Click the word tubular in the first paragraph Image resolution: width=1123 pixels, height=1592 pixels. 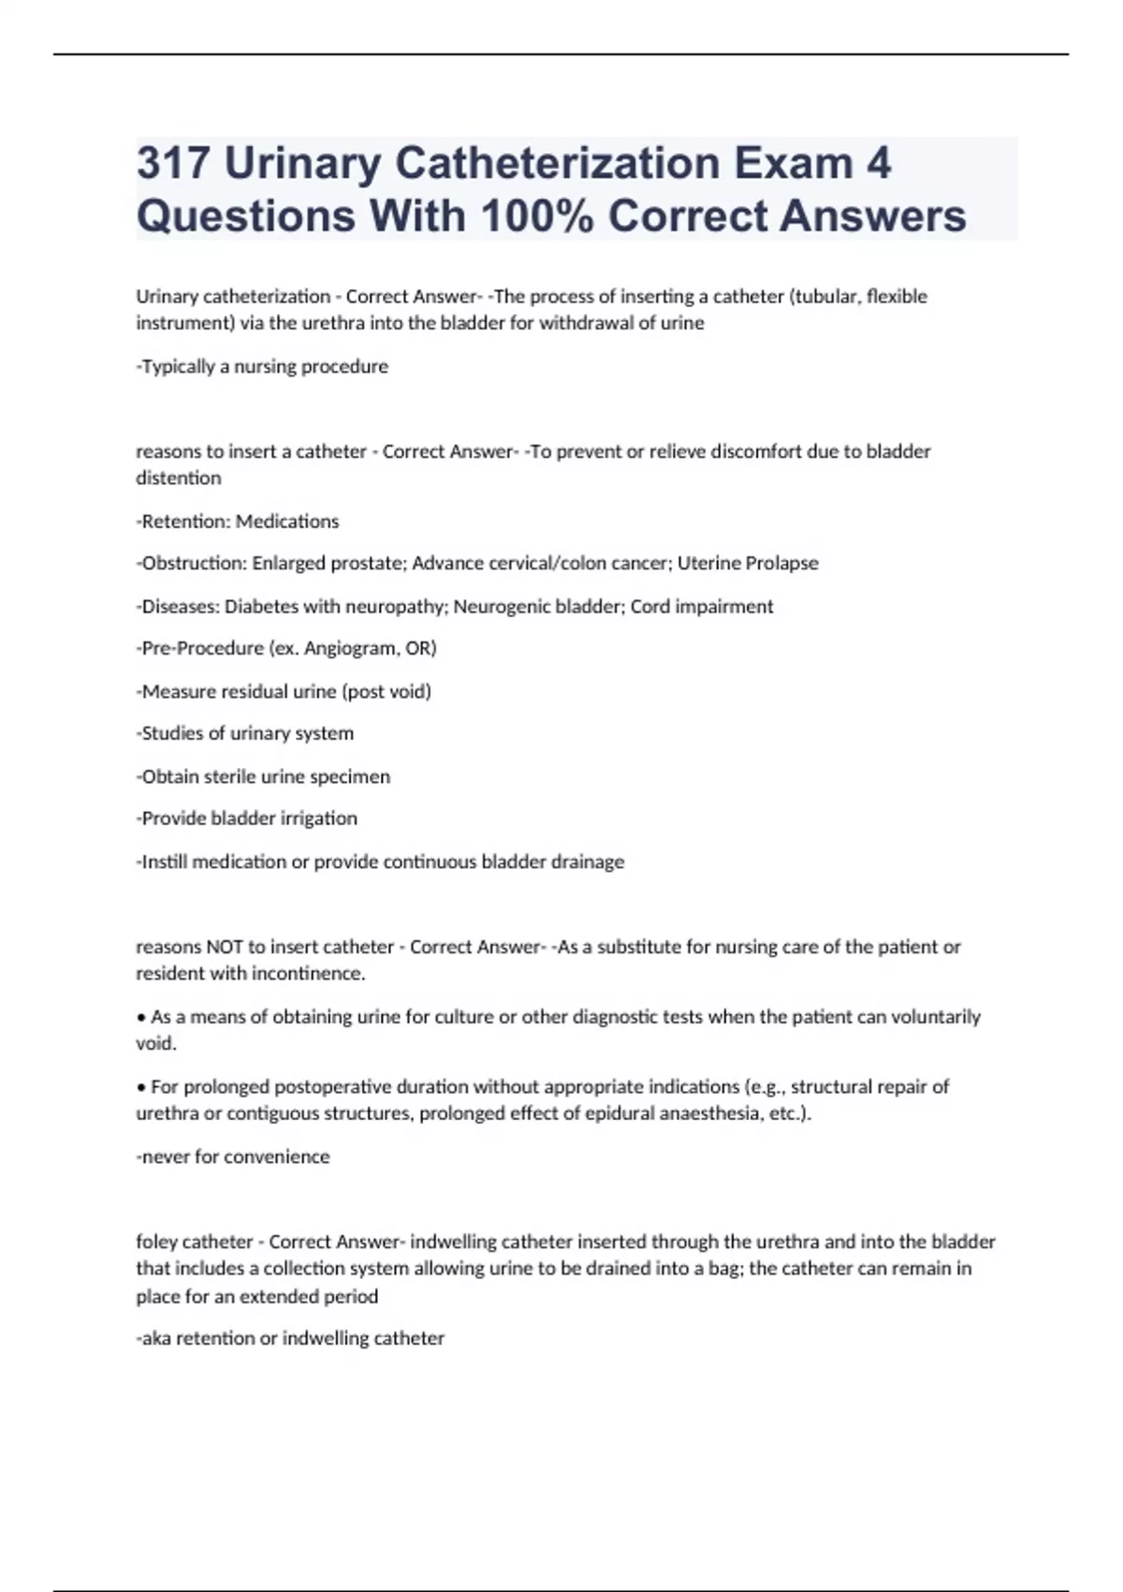tap(824, 297)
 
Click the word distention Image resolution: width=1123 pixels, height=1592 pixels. tap(179, 479)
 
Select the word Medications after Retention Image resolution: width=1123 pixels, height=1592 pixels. tap(287, 522)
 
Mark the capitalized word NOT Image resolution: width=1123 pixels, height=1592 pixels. tap(225, 947)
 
